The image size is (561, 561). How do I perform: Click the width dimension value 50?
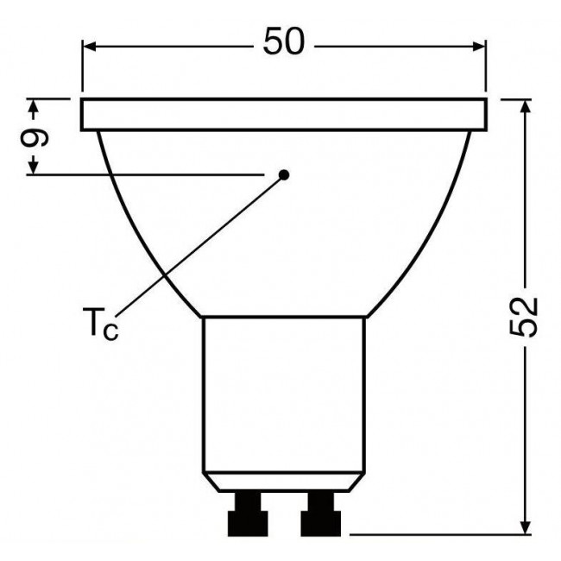tap(284, 42)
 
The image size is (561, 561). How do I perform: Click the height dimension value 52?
tap(524, 317)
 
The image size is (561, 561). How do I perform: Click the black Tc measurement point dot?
tap(284, 174)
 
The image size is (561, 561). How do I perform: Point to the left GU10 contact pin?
tap(245, 514)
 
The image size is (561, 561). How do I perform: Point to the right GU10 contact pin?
tap(320, 514)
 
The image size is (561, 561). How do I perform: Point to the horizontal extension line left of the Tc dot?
tap(147, 175)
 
